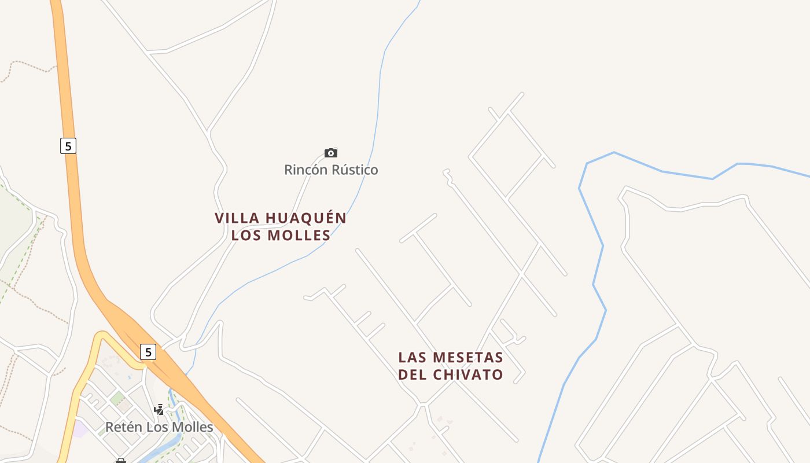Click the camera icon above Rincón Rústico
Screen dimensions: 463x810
coord(331,153)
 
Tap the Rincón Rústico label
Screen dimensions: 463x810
coord(331,170)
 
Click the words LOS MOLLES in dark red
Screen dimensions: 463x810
coord(281,235)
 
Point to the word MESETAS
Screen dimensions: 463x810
coord(468,357)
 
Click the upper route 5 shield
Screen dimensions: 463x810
coord(68,146)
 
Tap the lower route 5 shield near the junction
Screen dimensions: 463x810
coord(149,351)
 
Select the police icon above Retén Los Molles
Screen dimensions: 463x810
coord(159,410)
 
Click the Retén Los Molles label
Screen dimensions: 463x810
coord(159,427)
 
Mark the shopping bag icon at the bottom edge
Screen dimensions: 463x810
coord(121,461)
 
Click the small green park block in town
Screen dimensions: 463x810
coord(118,398)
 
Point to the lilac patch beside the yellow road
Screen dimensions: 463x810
coord(80,429)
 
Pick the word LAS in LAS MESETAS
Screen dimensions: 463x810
coord(413,357)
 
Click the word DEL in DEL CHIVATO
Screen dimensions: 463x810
coord(413,374)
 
